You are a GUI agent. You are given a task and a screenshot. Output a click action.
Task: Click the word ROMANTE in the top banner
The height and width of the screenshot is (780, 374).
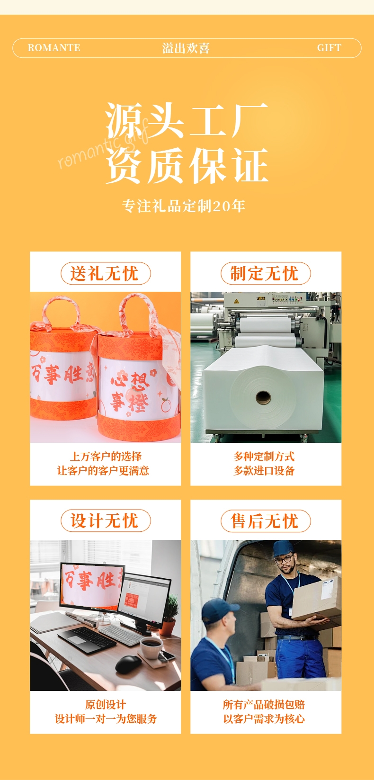(x=54, y=48)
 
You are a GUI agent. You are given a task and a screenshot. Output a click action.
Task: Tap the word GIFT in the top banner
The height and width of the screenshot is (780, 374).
(x=329, y=48)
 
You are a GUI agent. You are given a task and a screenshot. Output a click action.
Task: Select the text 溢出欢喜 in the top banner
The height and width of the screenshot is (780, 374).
(x=186, y=48)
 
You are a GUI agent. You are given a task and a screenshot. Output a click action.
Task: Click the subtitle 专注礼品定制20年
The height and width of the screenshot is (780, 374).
(x=184, y=206)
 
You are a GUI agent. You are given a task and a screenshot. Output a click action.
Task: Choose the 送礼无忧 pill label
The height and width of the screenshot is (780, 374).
(x=106, y=273)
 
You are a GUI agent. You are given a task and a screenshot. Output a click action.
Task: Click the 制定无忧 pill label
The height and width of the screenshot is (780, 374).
(x=266, y=273)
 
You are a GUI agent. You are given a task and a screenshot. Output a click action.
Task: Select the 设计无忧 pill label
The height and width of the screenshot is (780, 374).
(x=106, y=521)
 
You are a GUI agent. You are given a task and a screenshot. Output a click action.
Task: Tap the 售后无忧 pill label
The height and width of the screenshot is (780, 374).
(x=266, y=521)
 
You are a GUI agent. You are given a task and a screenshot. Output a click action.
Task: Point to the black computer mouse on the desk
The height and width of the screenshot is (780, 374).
(x=128, y=664)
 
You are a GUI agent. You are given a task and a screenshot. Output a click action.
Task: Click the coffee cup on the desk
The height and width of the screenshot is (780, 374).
(x=151, y=647)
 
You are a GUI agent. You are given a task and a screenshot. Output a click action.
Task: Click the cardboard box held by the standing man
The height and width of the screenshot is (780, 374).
(x=317, y=600)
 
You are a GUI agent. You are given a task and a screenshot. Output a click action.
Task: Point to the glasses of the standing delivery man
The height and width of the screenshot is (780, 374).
(x=284, y=560)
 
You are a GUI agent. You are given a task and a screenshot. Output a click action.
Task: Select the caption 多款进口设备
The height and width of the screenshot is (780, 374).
(x=264, y=471)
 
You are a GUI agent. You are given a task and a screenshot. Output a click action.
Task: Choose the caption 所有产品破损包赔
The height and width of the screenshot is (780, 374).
(x=264, y=705)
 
